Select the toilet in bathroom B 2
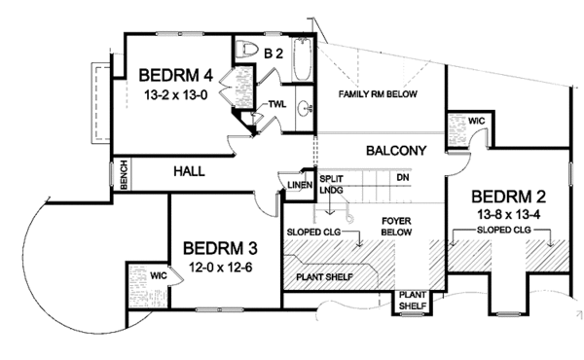[247, 51]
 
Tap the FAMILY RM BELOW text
[378, 93]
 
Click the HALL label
[188, 170]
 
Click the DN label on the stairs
[402, 177]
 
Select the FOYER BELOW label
[396, 227]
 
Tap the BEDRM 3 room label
[218, 247]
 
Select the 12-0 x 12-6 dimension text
[218, 267]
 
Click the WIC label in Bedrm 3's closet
[159, 275]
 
